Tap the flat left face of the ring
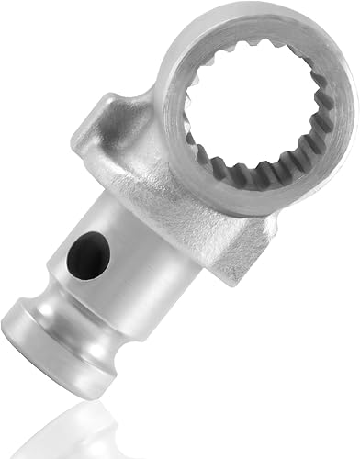click(x=174, y=101)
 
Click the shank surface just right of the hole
click(x=138, y=275)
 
